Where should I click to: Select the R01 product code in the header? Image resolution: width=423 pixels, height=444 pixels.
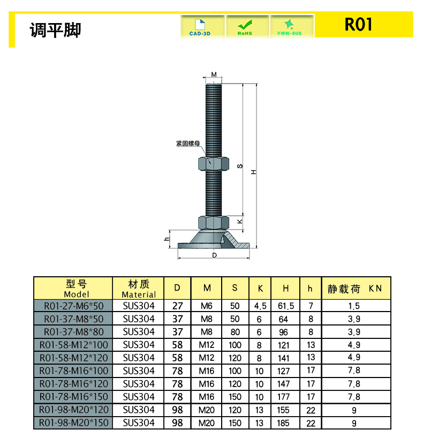358,25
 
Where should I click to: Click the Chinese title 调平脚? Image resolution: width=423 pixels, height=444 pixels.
56,29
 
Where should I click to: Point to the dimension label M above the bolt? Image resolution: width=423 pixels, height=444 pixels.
214,75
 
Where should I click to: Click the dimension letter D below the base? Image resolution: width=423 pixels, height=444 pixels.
214,255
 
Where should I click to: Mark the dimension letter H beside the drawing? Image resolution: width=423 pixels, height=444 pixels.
254,172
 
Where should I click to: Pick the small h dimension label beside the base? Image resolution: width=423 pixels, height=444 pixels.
167,239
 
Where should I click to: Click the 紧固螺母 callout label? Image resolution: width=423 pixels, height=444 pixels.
188,144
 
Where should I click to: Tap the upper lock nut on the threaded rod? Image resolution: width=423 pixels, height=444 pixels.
214,164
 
